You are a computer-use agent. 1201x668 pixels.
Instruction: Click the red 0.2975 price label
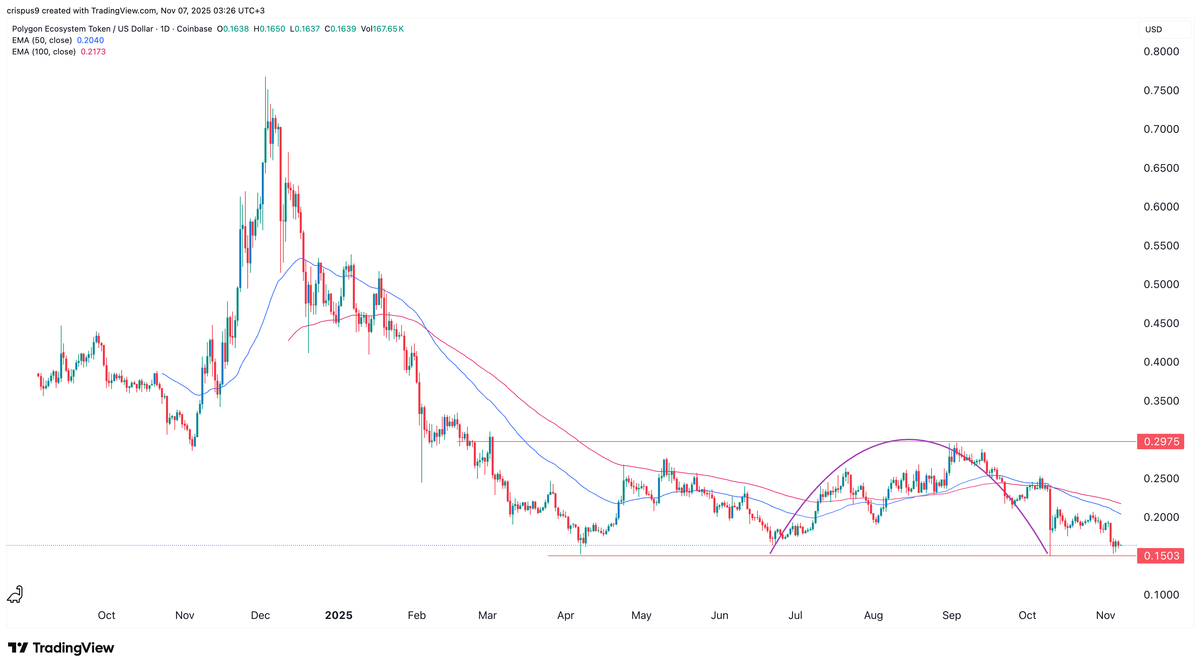pos(1160,442)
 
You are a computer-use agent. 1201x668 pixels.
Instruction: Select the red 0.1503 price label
pos(1160,556)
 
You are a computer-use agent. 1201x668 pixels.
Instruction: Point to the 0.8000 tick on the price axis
pos(1161,52)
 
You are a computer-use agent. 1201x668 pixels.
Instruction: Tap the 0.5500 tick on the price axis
pos(1161,246)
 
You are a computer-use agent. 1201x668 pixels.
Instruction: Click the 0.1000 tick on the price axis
pos(1161,595)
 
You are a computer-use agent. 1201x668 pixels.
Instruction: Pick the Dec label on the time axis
pos(260,615)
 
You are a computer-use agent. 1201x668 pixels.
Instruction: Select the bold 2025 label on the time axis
pos(338,615)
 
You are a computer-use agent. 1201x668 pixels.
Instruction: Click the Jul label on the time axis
pos(795,615)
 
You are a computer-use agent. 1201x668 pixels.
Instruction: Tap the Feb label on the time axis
pos(416,615)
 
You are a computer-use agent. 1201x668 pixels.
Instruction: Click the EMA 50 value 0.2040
pos(90,40)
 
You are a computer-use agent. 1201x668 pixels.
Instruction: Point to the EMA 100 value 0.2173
pos(93,52)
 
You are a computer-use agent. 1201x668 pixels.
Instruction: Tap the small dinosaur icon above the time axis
pos(15,594)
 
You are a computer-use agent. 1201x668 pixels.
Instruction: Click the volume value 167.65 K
pos(388,29)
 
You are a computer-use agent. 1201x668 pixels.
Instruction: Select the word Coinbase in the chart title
pos(195,29)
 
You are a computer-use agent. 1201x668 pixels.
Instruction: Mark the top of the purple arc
pos(909,439)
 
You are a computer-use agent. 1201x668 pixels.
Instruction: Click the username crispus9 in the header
pos(23,10)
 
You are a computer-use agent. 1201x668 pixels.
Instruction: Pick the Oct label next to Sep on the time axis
pos(1027,615)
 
